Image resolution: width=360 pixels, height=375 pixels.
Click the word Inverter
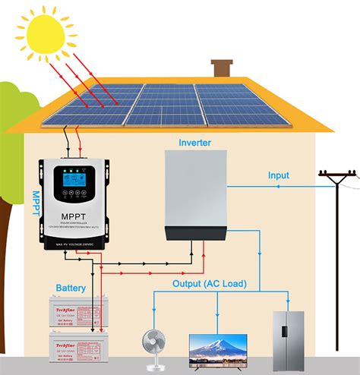click(195, 143)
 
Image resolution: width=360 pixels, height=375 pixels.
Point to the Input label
click(279, 175)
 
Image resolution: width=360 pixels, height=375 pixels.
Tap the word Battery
click(71, 288)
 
